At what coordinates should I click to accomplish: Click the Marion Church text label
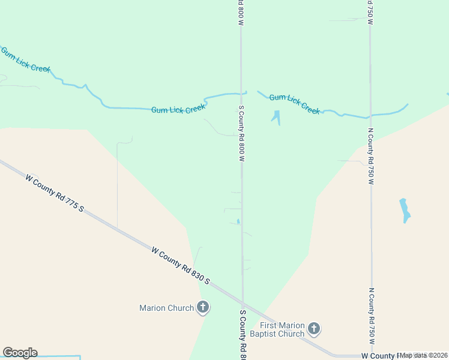point(166,308)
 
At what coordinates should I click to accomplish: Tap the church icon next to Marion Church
point(203,308)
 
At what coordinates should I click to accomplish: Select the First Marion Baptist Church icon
point(313,328)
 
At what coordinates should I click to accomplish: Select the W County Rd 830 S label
point(181,265)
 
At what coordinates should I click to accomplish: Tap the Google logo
point(20,353)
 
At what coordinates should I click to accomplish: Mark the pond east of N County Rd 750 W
point(405,209)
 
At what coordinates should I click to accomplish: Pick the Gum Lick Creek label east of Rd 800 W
point(294,103)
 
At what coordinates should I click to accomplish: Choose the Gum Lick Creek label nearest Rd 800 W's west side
point(178,109)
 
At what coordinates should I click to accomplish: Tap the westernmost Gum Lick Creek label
point(25,60)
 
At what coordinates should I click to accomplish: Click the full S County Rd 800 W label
point(241,134)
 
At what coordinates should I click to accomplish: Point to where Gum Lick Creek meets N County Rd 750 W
point(370,115)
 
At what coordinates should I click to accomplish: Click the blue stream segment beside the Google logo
point(60,356)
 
